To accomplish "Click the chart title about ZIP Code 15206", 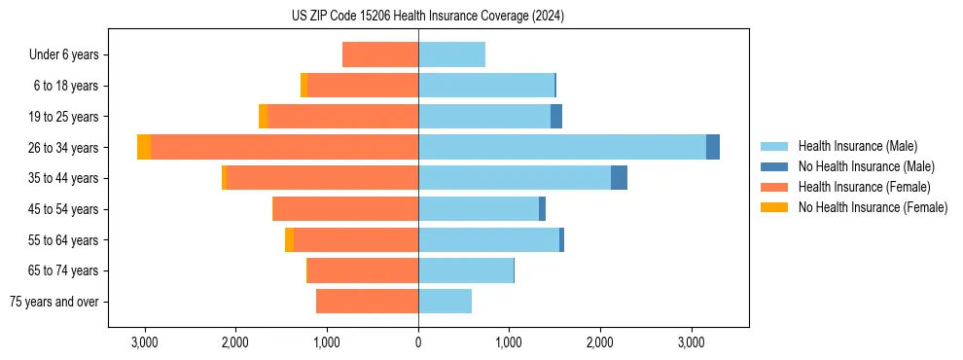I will [x=427, y=16].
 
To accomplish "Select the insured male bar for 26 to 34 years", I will [x=562, y=147].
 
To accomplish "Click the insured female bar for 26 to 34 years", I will [x=284, y=147].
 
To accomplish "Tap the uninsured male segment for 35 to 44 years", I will [x=619, y=178].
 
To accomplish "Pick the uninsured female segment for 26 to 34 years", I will [x=144, y=147].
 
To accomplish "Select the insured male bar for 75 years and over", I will [x=445, y=302].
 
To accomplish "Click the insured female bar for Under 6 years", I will [x=380, y=54].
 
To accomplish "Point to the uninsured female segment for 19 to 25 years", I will [x=263, y=116].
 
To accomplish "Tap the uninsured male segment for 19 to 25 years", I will [x=556, y=116].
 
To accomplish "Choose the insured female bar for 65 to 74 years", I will [x=363, y=270].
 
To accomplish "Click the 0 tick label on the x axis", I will [x=418, y=342].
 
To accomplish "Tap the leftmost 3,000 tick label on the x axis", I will [x=144, y=342].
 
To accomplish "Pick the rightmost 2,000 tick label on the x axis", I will [x=600, y=342].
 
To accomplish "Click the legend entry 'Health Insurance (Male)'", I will [x=857, y=146].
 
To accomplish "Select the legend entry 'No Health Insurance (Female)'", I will [x=873, y=207].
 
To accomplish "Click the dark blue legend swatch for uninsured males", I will [x=774, y=166].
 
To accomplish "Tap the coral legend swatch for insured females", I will [x=774, y=187].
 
